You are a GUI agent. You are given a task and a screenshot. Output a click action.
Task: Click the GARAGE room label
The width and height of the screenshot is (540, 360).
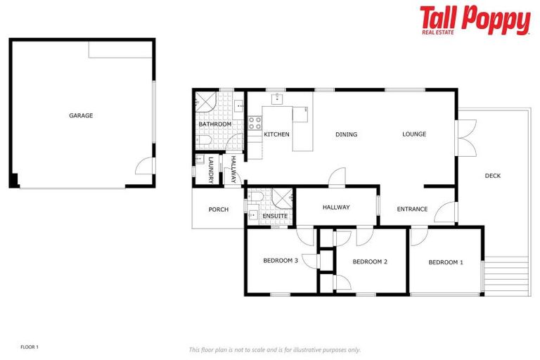[x=81, y=115]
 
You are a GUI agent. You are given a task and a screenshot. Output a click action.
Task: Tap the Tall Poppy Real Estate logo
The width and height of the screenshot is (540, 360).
[x=475, y=20]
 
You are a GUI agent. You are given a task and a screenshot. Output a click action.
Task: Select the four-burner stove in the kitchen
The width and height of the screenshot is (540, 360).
[x=255, y=124]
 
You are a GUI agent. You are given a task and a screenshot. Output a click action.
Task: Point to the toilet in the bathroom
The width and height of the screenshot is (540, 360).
[x=202, y=142]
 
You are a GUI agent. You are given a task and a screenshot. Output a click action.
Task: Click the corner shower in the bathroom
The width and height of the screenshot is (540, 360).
[x=204, y=103]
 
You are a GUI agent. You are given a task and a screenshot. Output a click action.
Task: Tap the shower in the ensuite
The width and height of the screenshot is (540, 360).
[x=282, y=198]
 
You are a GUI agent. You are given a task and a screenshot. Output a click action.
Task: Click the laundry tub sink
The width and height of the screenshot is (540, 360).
[x=200, y=160]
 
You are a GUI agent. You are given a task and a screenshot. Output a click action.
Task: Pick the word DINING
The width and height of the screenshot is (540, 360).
[x=346, y=134]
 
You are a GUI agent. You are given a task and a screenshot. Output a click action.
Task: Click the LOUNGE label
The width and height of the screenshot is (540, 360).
[x=414, y=134]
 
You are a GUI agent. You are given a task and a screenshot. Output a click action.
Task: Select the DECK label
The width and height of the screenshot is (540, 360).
[x=492, y=176]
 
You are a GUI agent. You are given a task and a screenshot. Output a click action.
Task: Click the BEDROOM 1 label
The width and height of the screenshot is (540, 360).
[x=446, y=262]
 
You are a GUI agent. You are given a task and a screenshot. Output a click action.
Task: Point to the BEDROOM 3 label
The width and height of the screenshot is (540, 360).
[x=281, y=260]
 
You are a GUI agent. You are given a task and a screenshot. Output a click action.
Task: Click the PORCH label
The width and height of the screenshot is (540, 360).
[x=218, y=209]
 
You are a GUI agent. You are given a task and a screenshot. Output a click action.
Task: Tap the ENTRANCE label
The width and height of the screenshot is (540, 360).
[x=412, y=209]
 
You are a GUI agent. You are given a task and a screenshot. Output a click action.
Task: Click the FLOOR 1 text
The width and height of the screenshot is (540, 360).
[x=30, y=347]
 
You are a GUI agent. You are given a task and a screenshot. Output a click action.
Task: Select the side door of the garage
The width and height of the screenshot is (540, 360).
[x=145, y=166]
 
